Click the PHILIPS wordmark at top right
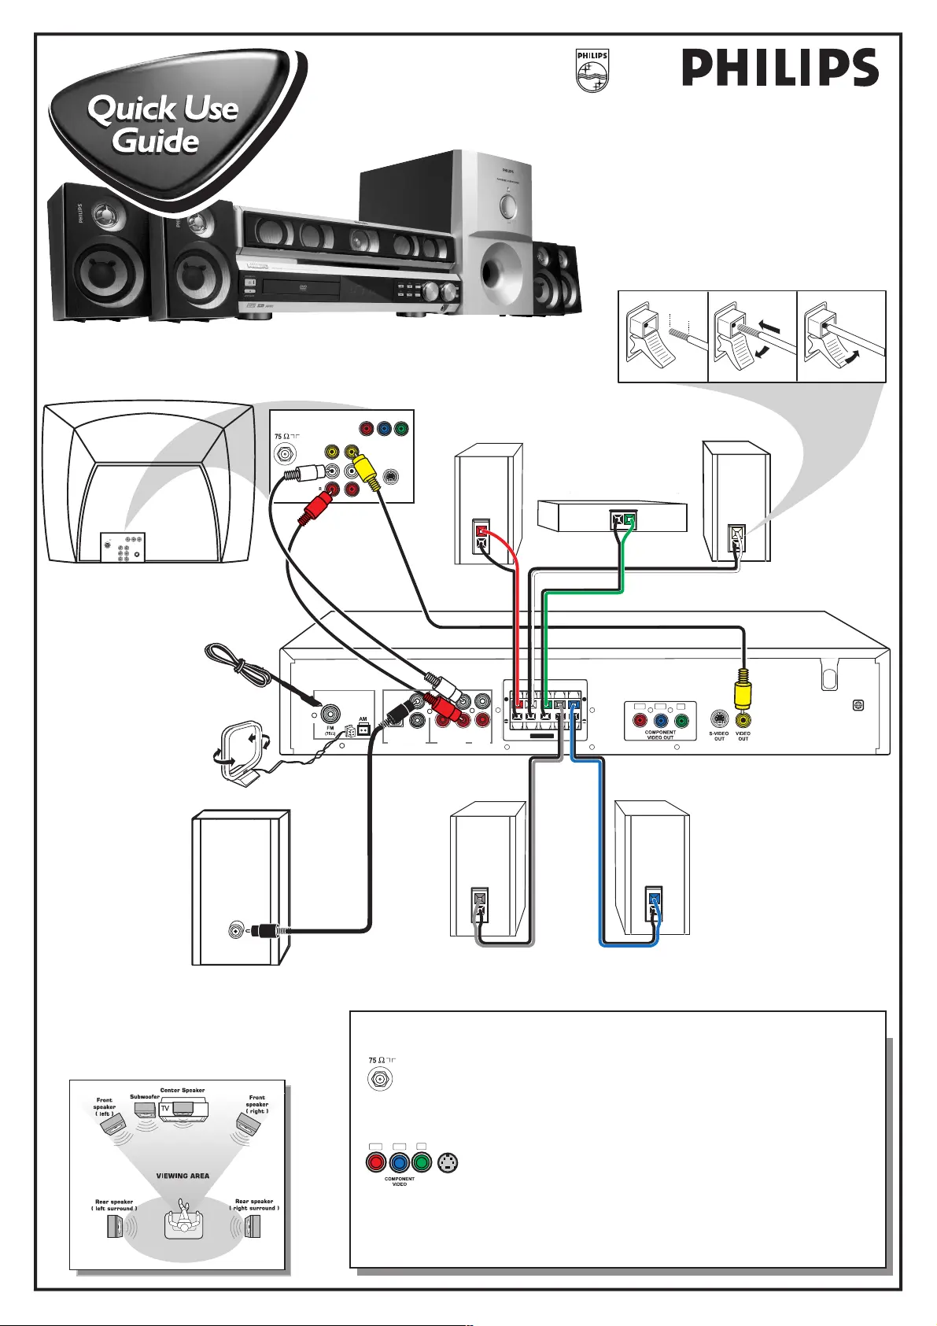coord(779,68)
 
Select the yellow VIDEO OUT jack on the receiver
coord(743,718)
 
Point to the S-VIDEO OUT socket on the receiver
coord(719,718)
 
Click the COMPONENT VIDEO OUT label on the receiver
coord(660,735)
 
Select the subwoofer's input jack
coord(234,931)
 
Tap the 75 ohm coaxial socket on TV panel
coord(283,454)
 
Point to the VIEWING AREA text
coord(183,1176)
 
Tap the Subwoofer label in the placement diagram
coord(145,1096)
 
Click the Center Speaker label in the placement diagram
coord(183,1091)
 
